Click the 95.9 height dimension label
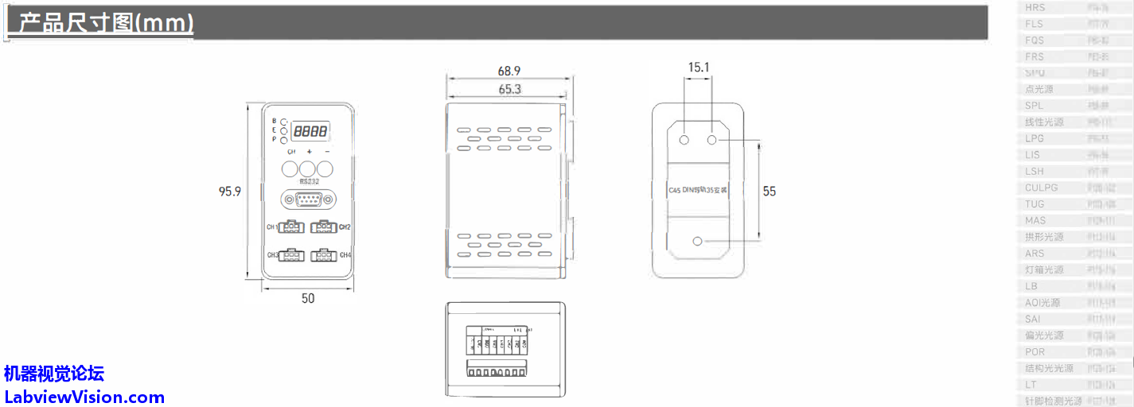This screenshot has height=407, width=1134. [x=230, y=192]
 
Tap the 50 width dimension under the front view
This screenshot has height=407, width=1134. [x=308, y=298]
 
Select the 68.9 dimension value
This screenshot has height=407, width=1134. [x=509, y=72]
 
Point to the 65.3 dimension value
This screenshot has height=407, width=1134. [x=509, y=89]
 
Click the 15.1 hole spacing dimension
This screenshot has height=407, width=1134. [x=698, y=68]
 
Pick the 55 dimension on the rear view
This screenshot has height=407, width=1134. [x=769, y=191]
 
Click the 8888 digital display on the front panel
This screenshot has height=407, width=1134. [x=310, y=131]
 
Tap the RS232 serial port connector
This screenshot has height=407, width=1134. [x=309, y=200]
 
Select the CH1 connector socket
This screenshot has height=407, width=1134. [x=292, y=227]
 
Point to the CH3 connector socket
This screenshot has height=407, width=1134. [x=292, y=255]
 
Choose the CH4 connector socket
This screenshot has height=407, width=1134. [x=323, y=255]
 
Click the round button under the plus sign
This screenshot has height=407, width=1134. [x=307, y=169]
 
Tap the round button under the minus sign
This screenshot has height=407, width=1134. [x=325, y=169]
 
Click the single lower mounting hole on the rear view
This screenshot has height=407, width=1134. [x=699, y=241]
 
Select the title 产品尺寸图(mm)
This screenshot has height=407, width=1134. [x=106, y=23]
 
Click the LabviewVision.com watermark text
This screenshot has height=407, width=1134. [x=84, y=397]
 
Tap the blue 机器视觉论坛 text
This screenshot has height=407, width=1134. [x=54, y=373]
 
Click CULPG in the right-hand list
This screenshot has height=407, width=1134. [x=1042, y=188]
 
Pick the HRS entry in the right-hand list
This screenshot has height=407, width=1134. [x=1035, y=7]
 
